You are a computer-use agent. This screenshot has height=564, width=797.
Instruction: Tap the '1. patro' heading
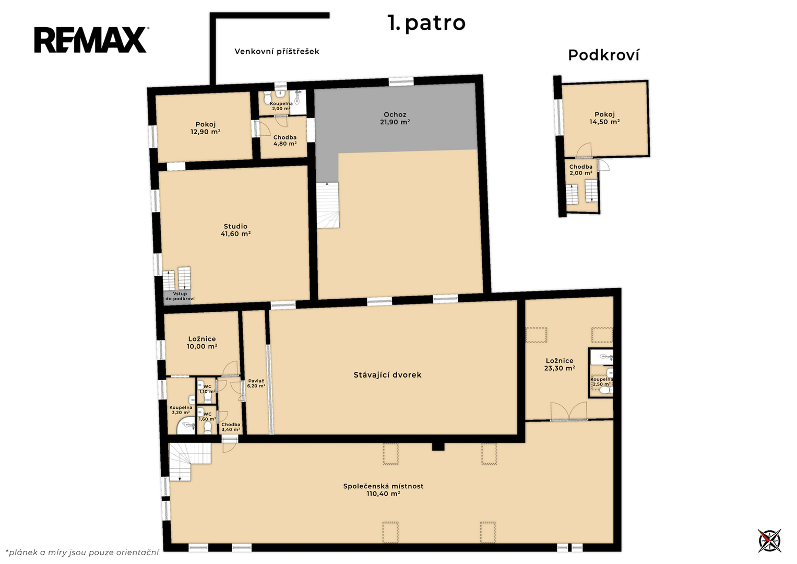(426, 23)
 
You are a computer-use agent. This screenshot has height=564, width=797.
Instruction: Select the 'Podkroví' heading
(603, 55)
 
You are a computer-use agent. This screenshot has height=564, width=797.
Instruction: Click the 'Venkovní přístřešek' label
(277, 51)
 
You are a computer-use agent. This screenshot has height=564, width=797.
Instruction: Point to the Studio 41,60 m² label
(235, 230)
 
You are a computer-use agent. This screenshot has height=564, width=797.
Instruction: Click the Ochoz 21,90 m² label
(395, 118)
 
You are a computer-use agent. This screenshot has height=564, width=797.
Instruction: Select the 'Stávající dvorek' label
(387, 375)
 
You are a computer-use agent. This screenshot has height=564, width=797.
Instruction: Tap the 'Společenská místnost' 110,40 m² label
(383, 490)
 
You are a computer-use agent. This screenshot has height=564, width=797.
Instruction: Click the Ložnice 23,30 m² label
(560, 365)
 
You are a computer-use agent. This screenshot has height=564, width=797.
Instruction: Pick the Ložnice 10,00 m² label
(202, 343)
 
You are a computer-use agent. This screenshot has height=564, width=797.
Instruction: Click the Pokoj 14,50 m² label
(604, 118)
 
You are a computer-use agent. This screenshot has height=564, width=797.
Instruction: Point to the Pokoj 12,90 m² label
(205, 128)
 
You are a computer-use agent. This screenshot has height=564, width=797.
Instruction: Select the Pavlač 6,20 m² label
(256, 383)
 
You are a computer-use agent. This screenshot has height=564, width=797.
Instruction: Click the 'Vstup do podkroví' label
(180, 296)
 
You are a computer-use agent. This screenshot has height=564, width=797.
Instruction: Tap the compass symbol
(769, 540)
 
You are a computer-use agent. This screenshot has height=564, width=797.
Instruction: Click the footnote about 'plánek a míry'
(82, 553)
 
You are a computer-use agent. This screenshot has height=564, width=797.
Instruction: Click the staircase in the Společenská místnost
(189, 462)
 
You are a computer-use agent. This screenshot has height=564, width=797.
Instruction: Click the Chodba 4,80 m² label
(284, 140)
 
